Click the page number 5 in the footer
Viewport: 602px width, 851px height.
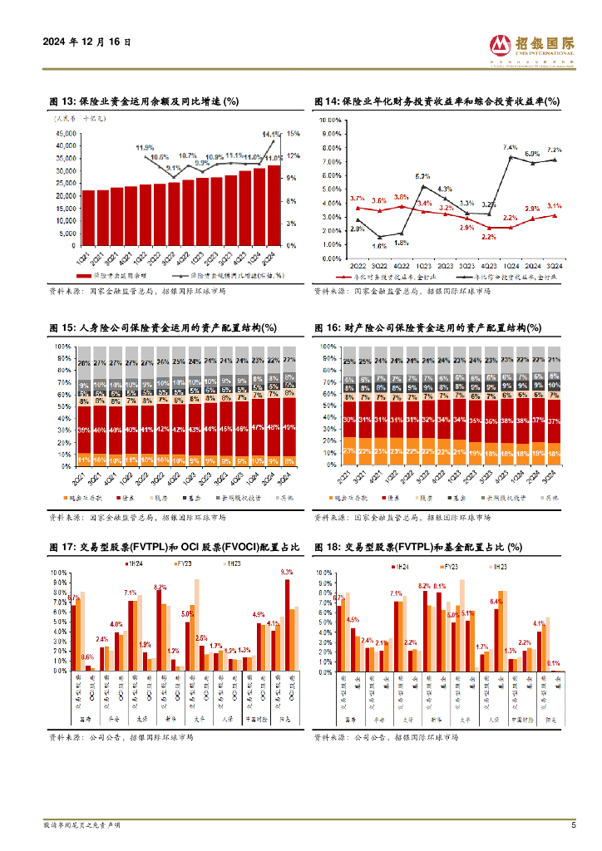pos(574,825)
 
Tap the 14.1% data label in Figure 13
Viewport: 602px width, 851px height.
pos(271,134)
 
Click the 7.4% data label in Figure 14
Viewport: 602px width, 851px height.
pos(511,148)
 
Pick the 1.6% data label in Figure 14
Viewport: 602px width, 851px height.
pos(379,246)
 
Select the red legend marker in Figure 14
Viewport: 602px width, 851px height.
pos(342,277)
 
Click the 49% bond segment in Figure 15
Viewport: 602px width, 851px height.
pos(289,427)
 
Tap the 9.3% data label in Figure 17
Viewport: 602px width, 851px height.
pos(287,573)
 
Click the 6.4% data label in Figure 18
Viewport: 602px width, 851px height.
pos(496,602)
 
